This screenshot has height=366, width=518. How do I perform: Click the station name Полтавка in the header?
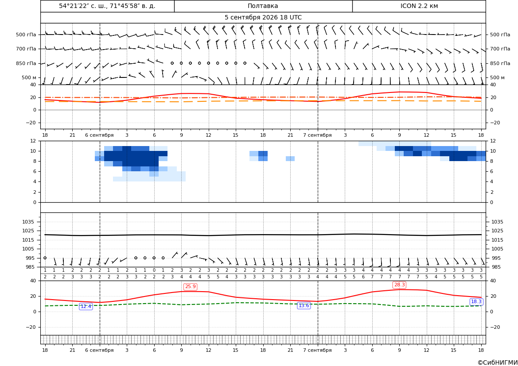coord(263,6)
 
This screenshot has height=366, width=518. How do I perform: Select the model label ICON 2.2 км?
coord(419,6)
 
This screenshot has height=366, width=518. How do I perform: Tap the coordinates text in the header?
coord(107,6)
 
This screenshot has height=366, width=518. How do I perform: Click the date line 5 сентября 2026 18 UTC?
coord(263,18)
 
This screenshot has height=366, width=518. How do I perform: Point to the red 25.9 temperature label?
coord(191,286)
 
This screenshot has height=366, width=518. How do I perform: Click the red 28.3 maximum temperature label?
coord(399,285)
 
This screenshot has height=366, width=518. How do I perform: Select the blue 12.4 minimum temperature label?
coord(86,306)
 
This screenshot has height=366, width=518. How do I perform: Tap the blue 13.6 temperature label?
coord(304,306)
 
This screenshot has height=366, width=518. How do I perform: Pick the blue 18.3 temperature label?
coord(476,302)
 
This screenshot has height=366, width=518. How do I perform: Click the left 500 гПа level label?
coord(26,35)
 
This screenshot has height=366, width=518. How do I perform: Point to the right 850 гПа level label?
coord(500,63)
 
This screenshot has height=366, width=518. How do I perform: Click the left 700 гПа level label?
coord(26,49)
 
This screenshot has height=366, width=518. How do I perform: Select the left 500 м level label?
coord(29,77)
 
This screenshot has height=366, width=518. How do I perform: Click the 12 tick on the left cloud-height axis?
coord(33,141)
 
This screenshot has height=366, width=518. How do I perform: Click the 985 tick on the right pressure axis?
coord(498,267)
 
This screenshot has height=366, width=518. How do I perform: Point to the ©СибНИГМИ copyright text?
coord(498,363)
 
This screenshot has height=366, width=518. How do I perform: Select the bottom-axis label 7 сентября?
coord(317,350)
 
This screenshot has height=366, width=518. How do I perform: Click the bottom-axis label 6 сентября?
coord(99,350)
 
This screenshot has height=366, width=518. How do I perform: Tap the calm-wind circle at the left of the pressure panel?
coord(45,258)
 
